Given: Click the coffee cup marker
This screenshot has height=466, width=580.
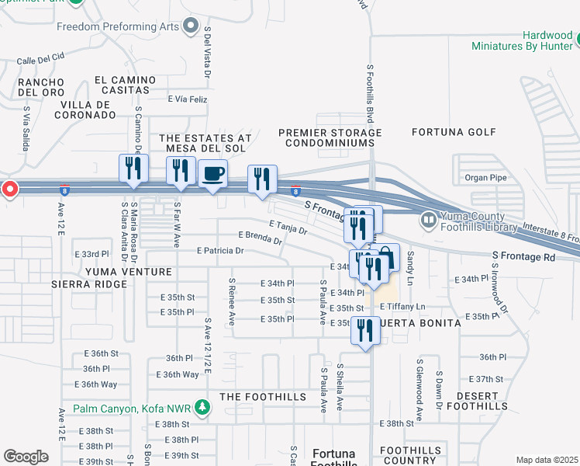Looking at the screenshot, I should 212,174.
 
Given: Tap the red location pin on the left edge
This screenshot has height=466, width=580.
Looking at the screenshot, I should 9,189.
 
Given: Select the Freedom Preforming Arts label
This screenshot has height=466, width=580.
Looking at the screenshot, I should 119,26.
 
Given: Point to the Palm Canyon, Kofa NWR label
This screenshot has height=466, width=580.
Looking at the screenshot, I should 136,408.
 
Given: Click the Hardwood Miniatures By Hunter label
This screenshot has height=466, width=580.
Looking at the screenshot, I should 525,40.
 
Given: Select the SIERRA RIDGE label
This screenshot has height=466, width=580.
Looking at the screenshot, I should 88,284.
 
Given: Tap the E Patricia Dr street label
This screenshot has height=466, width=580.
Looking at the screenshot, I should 220,251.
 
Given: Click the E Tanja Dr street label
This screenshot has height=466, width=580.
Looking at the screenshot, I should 288,228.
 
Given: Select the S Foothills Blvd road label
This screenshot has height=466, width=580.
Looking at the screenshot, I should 369,93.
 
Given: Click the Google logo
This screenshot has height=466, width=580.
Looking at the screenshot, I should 26,457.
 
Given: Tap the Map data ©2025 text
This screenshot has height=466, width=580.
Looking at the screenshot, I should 547,460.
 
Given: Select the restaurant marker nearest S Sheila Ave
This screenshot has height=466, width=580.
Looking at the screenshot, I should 364,329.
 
